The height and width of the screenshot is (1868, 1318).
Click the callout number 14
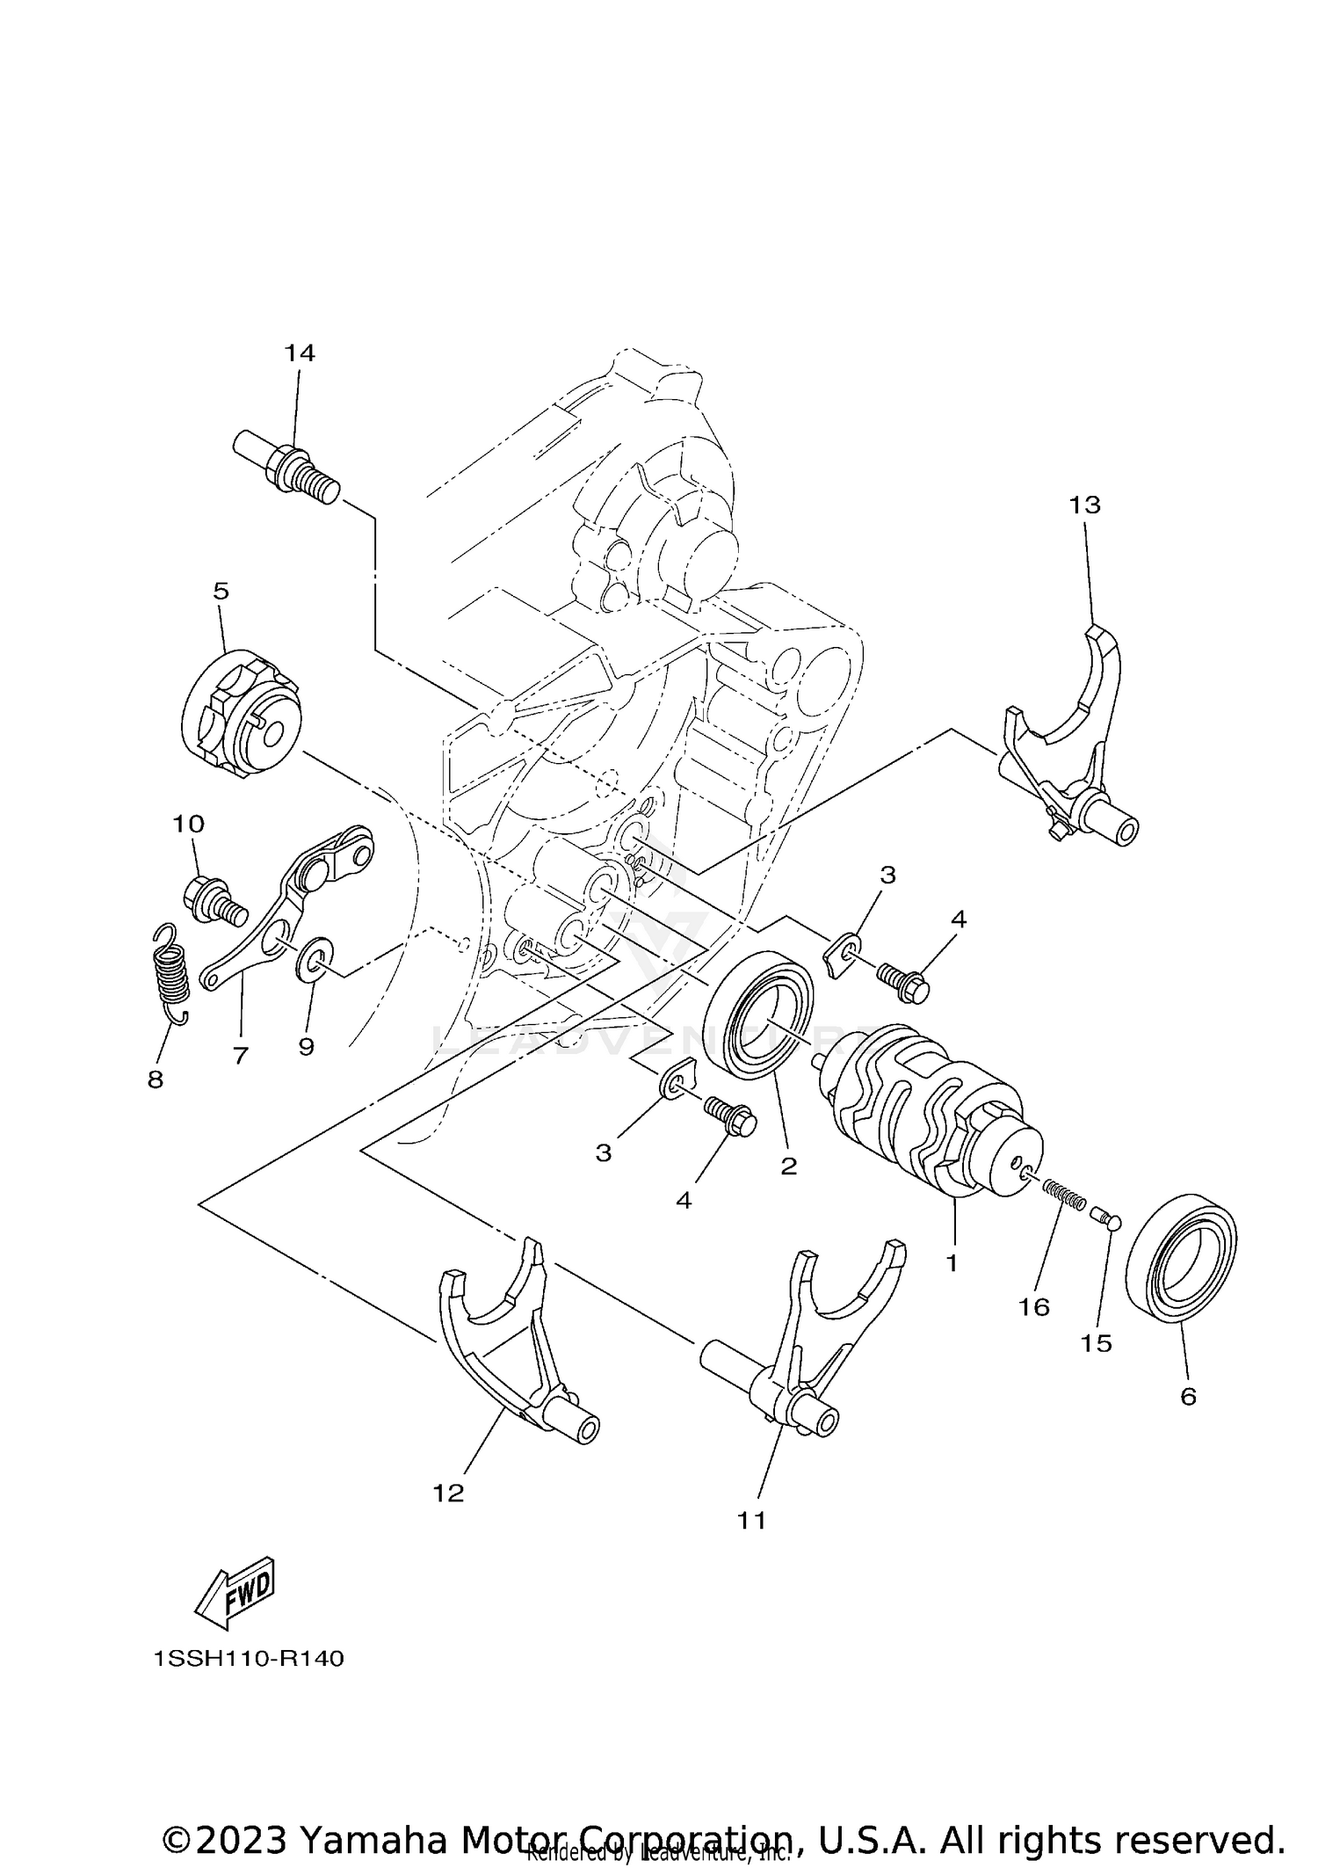click(299, 353)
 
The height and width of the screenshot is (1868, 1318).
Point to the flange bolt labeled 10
click(213, 900)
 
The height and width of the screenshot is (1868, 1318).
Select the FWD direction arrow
click(235, 1593)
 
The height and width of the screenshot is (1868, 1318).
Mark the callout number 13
click(1084, 505)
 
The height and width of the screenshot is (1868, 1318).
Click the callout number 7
click(240, 1055)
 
